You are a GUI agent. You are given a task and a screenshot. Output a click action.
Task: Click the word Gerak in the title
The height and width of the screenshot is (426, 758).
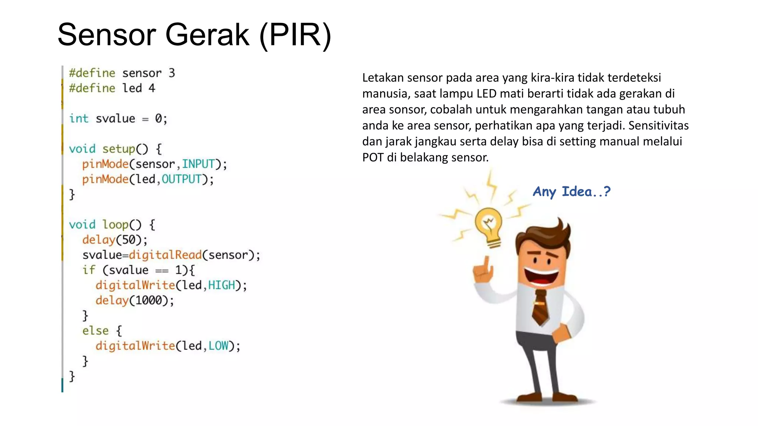[207, 35]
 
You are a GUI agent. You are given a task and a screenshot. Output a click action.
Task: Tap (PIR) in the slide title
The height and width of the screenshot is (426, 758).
[295, 35]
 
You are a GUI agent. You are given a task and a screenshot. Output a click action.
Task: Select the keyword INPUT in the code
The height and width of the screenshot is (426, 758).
[198, 164]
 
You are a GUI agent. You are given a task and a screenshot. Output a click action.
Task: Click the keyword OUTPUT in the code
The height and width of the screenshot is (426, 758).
[181, 179]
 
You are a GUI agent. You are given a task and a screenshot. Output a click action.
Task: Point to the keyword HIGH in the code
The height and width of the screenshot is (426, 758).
[221, 285]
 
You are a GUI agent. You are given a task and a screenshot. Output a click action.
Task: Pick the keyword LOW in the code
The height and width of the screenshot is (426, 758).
[218, 346]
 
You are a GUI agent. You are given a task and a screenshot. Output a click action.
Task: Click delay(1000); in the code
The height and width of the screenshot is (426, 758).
[134, 300]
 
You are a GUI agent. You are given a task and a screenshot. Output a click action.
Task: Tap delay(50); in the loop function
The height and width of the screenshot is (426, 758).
[115, 240]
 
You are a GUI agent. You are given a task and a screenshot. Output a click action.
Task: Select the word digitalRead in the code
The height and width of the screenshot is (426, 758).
[165, 255]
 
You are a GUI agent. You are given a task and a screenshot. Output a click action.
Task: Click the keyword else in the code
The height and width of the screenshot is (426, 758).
[95, 331]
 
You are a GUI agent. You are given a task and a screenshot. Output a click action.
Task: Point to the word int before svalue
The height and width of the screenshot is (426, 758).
[79, 118]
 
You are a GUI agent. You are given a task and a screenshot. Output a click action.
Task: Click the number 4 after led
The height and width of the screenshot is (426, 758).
[152, 88]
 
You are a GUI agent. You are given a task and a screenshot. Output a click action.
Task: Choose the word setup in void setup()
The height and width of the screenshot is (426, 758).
[119, 149]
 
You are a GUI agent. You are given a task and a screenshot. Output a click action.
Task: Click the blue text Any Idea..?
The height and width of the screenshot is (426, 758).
[571, 192]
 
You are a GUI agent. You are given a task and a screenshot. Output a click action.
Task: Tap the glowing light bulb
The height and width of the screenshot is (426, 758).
[489, 226]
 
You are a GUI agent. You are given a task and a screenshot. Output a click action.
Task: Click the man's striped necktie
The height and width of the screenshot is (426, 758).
[540, 307]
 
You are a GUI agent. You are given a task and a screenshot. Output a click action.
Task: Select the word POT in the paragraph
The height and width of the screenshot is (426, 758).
[373, 158]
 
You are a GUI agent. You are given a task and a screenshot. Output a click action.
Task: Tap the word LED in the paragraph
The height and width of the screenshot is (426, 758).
[486, 94]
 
